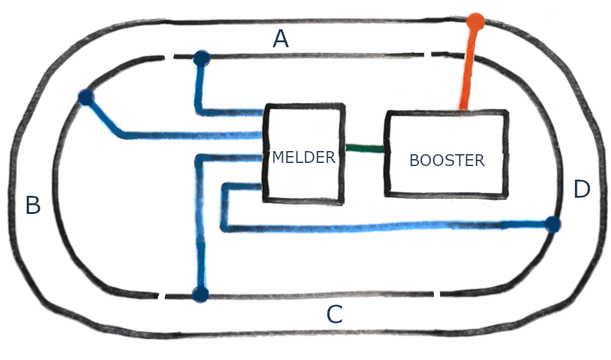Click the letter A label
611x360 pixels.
(x=281, y=40)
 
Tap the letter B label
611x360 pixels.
(x=33, y=205)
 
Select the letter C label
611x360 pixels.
(x=334, y=315)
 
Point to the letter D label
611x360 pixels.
(x=581, y=189)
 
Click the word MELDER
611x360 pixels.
(x=303, y=157)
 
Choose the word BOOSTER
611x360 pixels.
(x=446, y=160)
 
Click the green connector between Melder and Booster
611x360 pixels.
(x=365, y=149)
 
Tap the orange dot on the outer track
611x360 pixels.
(x=475, y=21)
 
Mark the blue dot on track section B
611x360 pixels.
(x=86, y=97)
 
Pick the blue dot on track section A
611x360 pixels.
(x=201, y=59)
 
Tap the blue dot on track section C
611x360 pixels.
(x=200, y=295)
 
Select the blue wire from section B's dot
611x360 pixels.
(x=186, y=135)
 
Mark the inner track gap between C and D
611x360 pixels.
(x=438, y=292)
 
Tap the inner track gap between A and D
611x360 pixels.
(x=428, y=57)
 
